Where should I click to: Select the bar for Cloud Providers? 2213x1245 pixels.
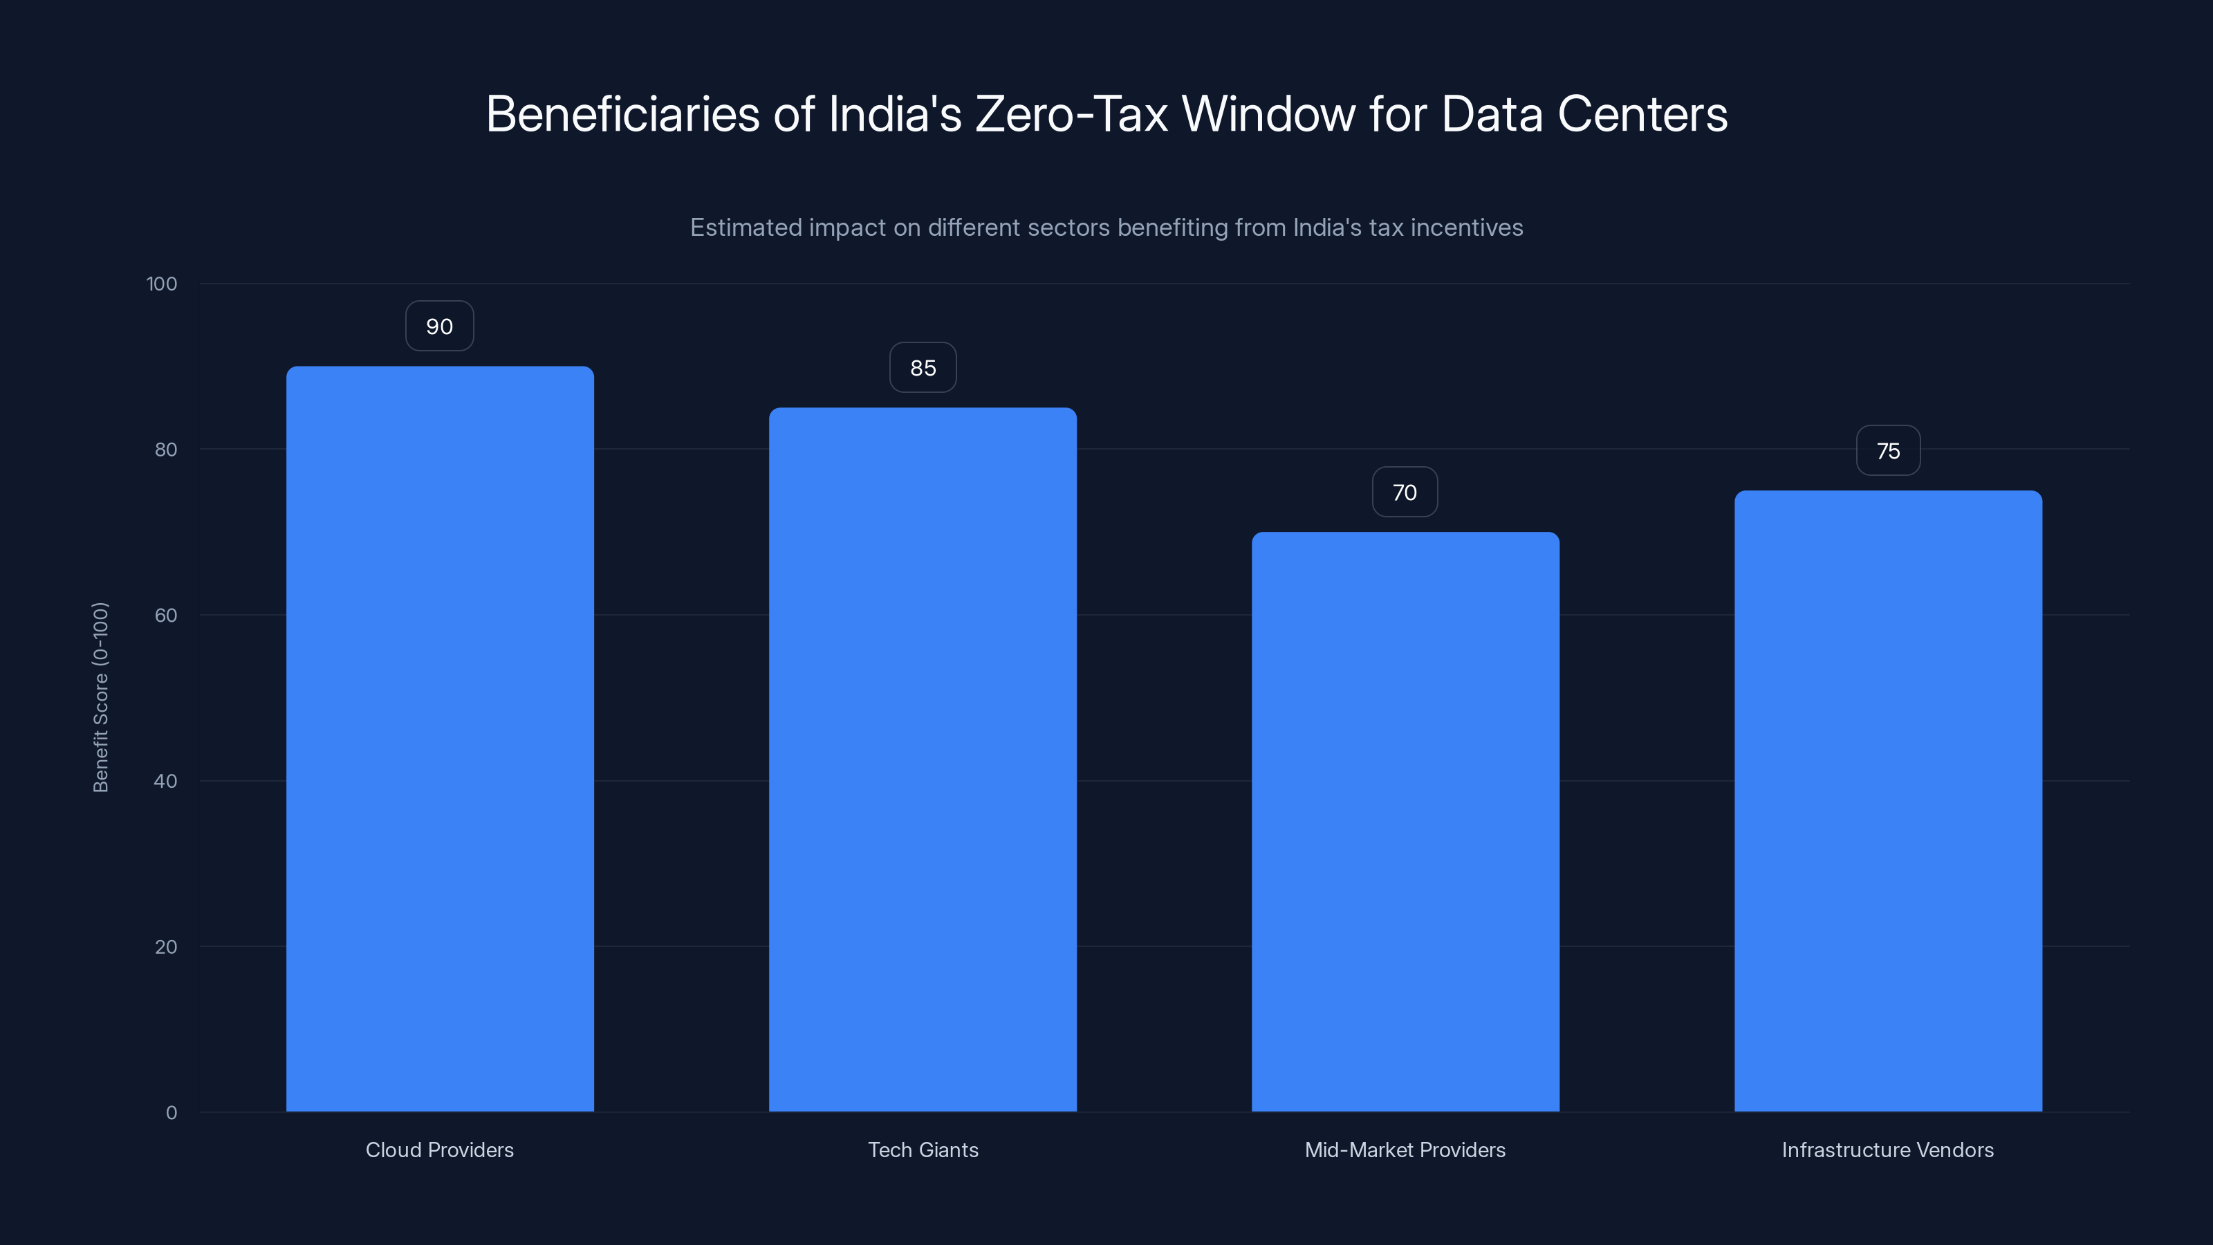[x=440, y=739]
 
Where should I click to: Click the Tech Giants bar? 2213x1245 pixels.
[x=923, y=759]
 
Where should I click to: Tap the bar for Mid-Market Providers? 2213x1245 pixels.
[x=1405, y=822]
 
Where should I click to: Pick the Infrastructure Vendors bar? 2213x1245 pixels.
[x=1888, y=801]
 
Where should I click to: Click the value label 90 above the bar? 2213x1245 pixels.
[x=439, y=326]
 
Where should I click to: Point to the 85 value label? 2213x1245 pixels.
[x=923, y=368]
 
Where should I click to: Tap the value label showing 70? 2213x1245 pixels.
[x=1405, y=492]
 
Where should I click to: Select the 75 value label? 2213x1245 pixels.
[x=1888, y=451]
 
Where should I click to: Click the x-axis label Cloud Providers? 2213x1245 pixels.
[x=440, y=1150]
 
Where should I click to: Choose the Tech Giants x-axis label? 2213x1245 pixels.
[x=923, y=1150]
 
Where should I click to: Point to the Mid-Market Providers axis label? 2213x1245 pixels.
[x=1405, y=1150]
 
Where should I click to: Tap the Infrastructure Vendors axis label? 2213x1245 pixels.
[x=1887, y=1150]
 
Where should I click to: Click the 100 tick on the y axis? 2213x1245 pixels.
[x=162, y=284]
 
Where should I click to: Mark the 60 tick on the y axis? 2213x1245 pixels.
[x=166, y=615]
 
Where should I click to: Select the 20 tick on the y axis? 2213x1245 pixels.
[x=166, y=947]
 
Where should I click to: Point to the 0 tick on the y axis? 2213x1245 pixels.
[x=172, y=1113]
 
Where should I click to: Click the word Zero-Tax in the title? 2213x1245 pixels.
[x=1071, y=114]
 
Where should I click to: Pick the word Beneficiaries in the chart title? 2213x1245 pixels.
[x=623, y=114]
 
